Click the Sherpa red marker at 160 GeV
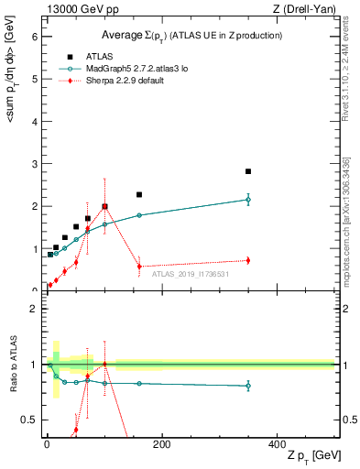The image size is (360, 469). point(139,267)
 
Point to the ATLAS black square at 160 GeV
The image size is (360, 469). point(139,194)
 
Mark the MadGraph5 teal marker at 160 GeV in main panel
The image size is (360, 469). point(139,215)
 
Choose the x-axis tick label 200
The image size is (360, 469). point(161,443)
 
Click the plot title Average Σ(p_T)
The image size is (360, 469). point(191,35)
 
